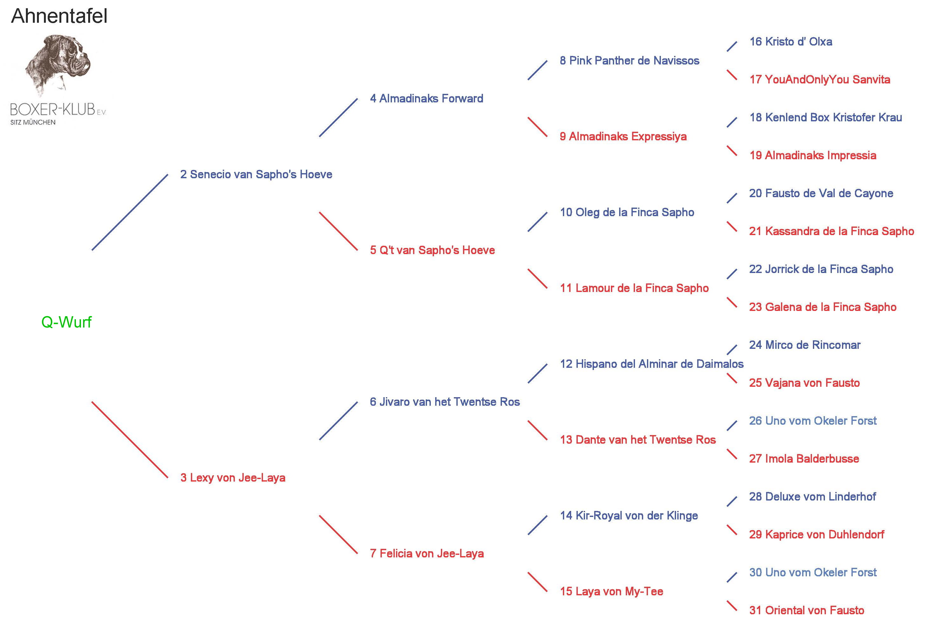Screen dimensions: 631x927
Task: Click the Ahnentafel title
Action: [59, 16]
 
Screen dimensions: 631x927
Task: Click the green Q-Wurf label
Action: [66, 322]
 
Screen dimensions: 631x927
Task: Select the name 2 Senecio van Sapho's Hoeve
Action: [256, 174]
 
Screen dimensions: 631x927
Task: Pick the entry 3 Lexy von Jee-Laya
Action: [233, 477]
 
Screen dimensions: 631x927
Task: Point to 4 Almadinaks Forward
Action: [426, 99]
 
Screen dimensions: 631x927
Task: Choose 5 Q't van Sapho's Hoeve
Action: [432, 250]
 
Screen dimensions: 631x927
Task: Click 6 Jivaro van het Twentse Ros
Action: [445, 402]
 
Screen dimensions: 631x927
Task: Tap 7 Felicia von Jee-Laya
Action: [427, 553]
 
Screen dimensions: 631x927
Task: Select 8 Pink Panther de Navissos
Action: [630, 61]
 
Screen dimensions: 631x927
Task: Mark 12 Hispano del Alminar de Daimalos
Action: [652, 364]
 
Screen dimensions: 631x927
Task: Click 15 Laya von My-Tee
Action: [612, 591]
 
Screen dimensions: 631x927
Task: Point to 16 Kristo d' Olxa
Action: [790, 41]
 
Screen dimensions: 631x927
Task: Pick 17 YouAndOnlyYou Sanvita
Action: [820, 79]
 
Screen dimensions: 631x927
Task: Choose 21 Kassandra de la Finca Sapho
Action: [831, 231]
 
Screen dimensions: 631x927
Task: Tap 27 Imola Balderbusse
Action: [804, 459]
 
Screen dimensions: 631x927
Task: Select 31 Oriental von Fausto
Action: [807, 610]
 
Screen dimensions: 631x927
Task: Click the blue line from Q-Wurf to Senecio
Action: [130, 212]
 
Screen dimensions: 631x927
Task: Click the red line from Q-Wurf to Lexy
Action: [130, 440]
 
